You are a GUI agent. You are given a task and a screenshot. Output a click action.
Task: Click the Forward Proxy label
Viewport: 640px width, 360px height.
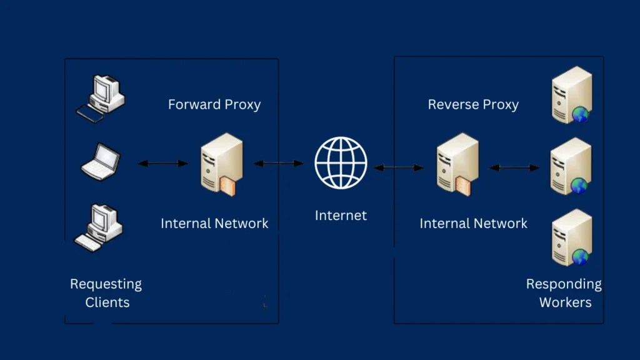coord(214,104)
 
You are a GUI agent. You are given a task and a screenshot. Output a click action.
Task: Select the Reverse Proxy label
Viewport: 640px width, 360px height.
coord(473,104)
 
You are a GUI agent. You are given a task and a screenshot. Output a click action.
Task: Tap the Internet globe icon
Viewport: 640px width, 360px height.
coord(341,162)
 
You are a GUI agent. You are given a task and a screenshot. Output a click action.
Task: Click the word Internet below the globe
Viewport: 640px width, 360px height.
coord(341,216)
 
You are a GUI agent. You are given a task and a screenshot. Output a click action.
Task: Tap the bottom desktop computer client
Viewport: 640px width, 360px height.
coord(99,227)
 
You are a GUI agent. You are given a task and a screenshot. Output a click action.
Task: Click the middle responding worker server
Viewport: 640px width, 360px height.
coord(571,167)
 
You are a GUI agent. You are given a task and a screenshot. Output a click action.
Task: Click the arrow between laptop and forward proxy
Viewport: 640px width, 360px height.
coord(162,164)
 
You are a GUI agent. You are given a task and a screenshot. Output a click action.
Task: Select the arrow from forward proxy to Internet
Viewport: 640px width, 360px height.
coord(278,164)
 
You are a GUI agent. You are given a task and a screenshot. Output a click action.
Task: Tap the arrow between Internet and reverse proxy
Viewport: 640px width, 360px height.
coord(398,167)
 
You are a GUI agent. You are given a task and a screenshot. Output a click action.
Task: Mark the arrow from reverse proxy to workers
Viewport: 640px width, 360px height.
coord(514,167)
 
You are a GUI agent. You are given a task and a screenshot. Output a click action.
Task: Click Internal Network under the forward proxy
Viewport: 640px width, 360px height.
coord(214,223)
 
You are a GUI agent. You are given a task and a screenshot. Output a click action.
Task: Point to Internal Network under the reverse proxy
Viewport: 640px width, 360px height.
coord(473,223)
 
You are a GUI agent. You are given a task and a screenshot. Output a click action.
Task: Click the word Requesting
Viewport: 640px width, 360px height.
coord(106,284)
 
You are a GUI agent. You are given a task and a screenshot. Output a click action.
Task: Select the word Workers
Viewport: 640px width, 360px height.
coord(565,302)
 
